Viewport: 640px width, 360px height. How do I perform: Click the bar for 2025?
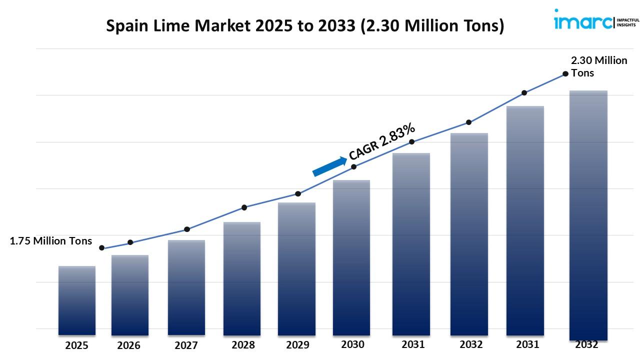77,300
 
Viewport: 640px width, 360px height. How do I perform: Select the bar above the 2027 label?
186,287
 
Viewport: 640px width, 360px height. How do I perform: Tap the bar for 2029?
296,268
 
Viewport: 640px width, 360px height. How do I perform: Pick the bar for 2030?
351,257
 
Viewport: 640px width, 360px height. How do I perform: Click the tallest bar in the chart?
588,215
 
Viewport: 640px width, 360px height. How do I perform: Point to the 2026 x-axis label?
129,345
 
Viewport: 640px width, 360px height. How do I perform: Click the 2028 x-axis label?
243,345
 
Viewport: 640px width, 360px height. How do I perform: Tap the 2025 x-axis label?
76,345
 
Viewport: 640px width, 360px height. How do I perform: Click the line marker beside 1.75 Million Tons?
102,248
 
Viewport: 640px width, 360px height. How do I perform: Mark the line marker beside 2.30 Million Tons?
565,73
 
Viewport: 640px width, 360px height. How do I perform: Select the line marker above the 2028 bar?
244,207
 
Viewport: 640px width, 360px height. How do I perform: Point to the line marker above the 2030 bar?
353,166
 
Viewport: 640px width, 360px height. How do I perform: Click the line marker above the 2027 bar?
187,229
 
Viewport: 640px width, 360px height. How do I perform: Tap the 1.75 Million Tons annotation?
51,241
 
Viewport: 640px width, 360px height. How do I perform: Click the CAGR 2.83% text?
382,141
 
